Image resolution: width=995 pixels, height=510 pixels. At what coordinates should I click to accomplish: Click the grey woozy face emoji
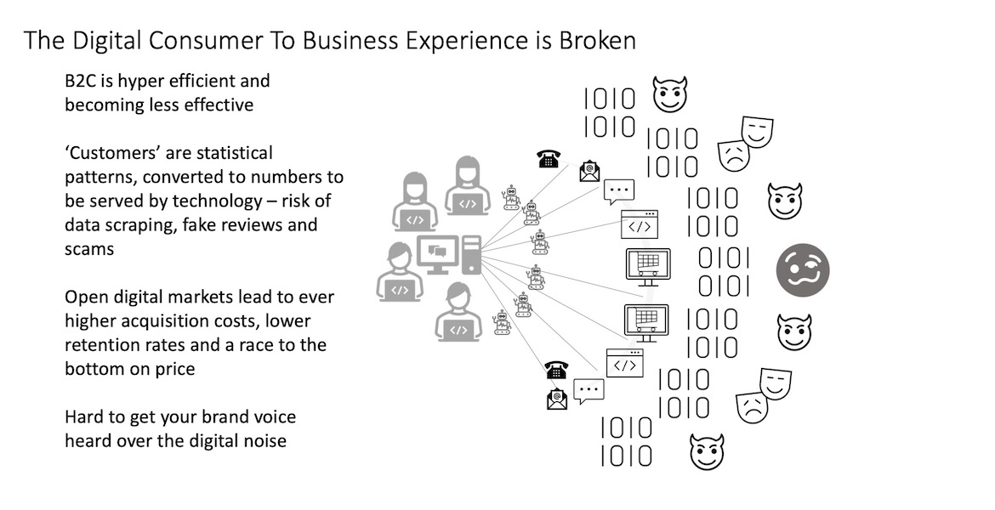(x=802, y=269)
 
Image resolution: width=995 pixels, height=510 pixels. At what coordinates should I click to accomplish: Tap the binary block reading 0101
(x=725, y=271)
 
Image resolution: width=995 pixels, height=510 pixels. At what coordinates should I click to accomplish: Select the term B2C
(x=82, y=82)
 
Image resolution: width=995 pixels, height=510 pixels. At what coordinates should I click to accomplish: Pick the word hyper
(x=145, y=82)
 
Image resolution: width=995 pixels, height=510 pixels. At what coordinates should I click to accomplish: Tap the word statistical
(x=229, y=154)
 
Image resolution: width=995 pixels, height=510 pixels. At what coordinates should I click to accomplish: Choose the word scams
(x=90, y=250)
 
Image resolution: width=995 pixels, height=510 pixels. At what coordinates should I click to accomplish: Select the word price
(x=173, y=370)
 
